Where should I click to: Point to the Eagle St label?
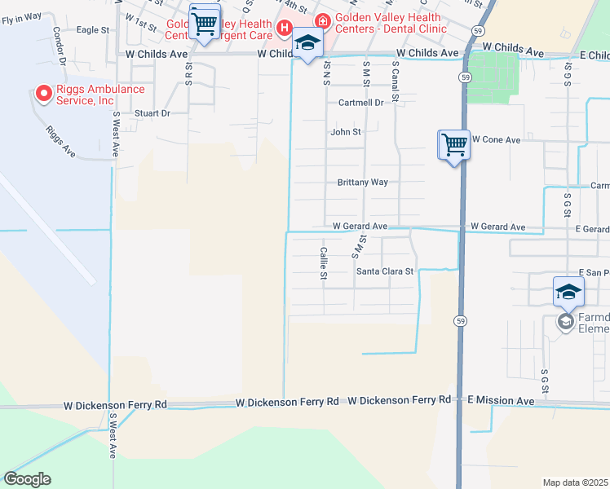click(92, 30)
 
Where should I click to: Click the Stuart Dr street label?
click(152, 113)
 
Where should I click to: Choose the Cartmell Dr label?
click(360, 103)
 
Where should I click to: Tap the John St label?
click(345, 132)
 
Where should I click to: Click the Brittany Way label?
click(363, 183)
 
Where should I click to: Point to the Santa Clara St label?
click(386, 271)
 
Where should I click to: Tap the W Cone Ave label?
click(496, 140)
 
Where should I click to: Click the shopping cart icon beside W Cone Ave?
click(454, 145)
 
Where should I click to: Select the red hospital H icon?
click(284, 29)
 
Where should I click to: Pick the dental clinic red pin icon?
click(323, 20)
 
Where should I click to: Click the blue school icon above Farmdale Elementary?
click(568, 291)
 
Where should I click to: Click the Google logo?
click(27, 479)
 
